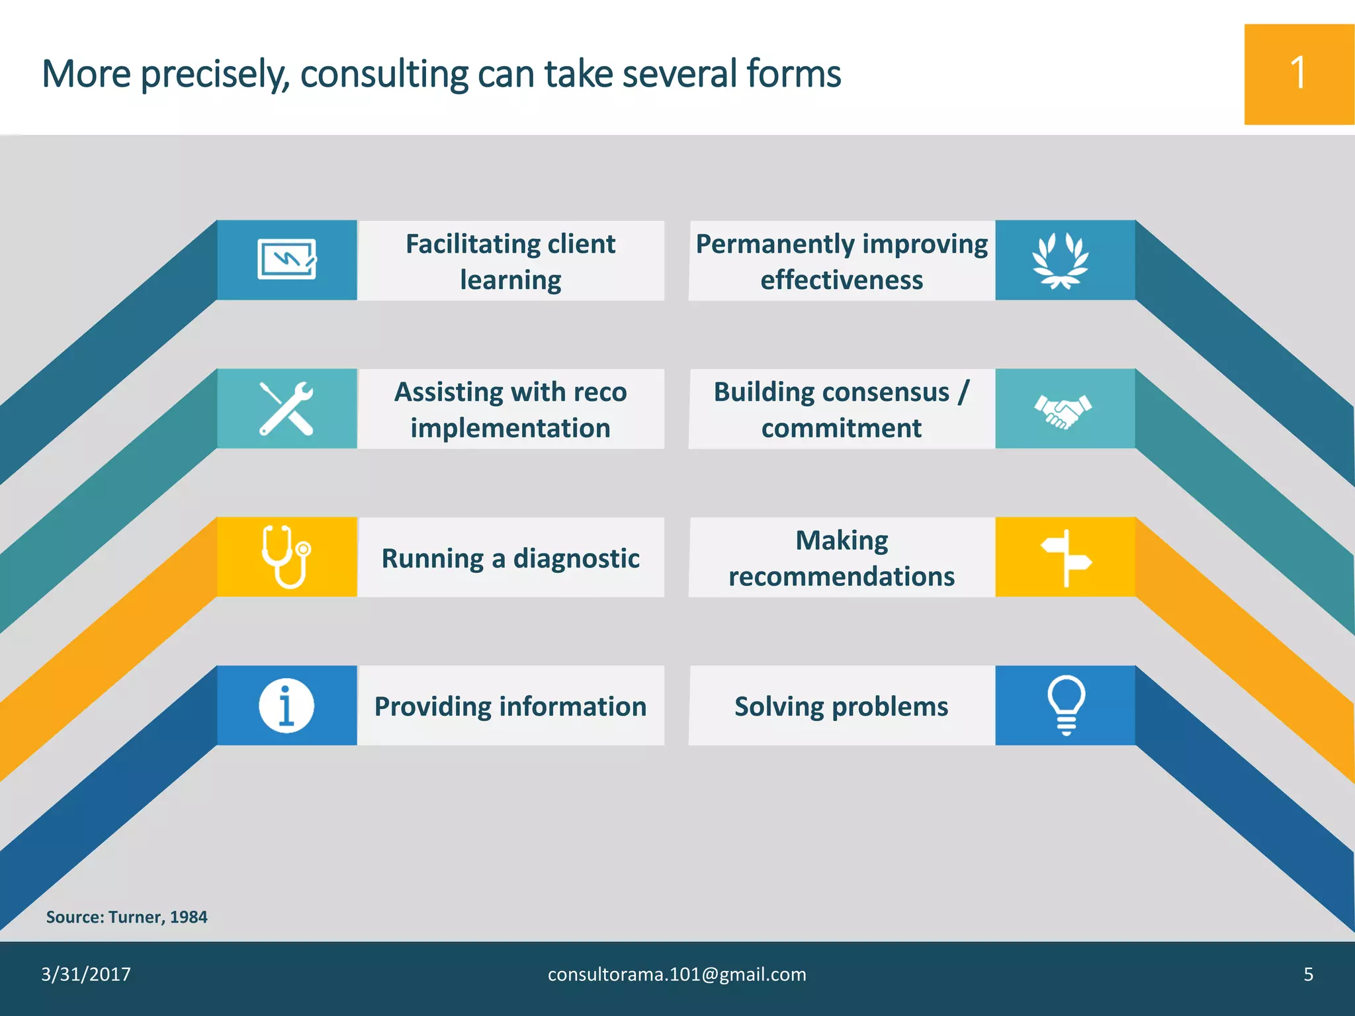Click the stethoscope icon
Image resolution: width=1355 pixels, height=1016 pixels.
point(286,557)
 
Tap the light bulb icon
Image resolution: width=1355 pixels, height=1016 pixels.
point(1066,705)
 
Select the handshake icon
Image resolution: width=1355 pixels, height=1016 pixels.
point(1063,411)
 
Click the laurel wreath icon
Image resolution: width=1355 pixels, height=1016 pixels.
point(1061,261)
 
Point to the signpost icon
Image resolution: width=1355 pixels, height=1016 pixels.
point(1066,558)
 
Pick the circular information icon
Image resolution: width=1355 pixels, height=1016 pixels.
point(286,706)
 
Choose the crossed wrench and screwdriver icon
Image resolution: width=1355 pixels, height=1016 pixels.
point(286,409)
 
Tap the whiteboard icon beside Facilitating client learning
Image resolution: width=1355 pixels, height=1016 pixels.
point(286,259)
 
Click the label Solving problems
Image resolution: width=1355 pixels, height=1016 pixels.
point(841,706)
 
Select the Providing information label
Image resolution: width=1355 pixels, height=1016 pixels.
point(510,706)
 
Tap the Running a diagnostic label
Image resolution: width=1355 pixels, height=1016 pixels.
point(510,558)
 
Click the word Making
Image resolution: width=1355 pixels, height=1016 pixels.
point(842,540)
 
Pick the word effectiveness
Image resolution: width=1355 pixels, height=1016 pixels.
point(842,280)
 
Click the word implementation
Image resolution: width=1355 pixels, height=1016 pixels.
point(510,429)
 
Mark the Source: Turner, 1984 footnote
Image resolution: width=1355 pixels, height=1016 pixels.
point(126,917)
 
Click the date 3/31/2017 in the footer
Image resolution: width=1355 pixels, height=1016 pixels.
point(86,974)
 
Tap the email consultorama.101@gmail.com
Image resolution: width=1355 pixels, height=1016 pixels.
point(677,974)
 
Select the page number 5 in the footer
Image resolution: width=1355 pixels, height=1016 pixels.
point(1308,974)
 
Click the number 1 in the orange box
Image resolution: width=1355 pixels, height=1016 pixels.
point(1298,73)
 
